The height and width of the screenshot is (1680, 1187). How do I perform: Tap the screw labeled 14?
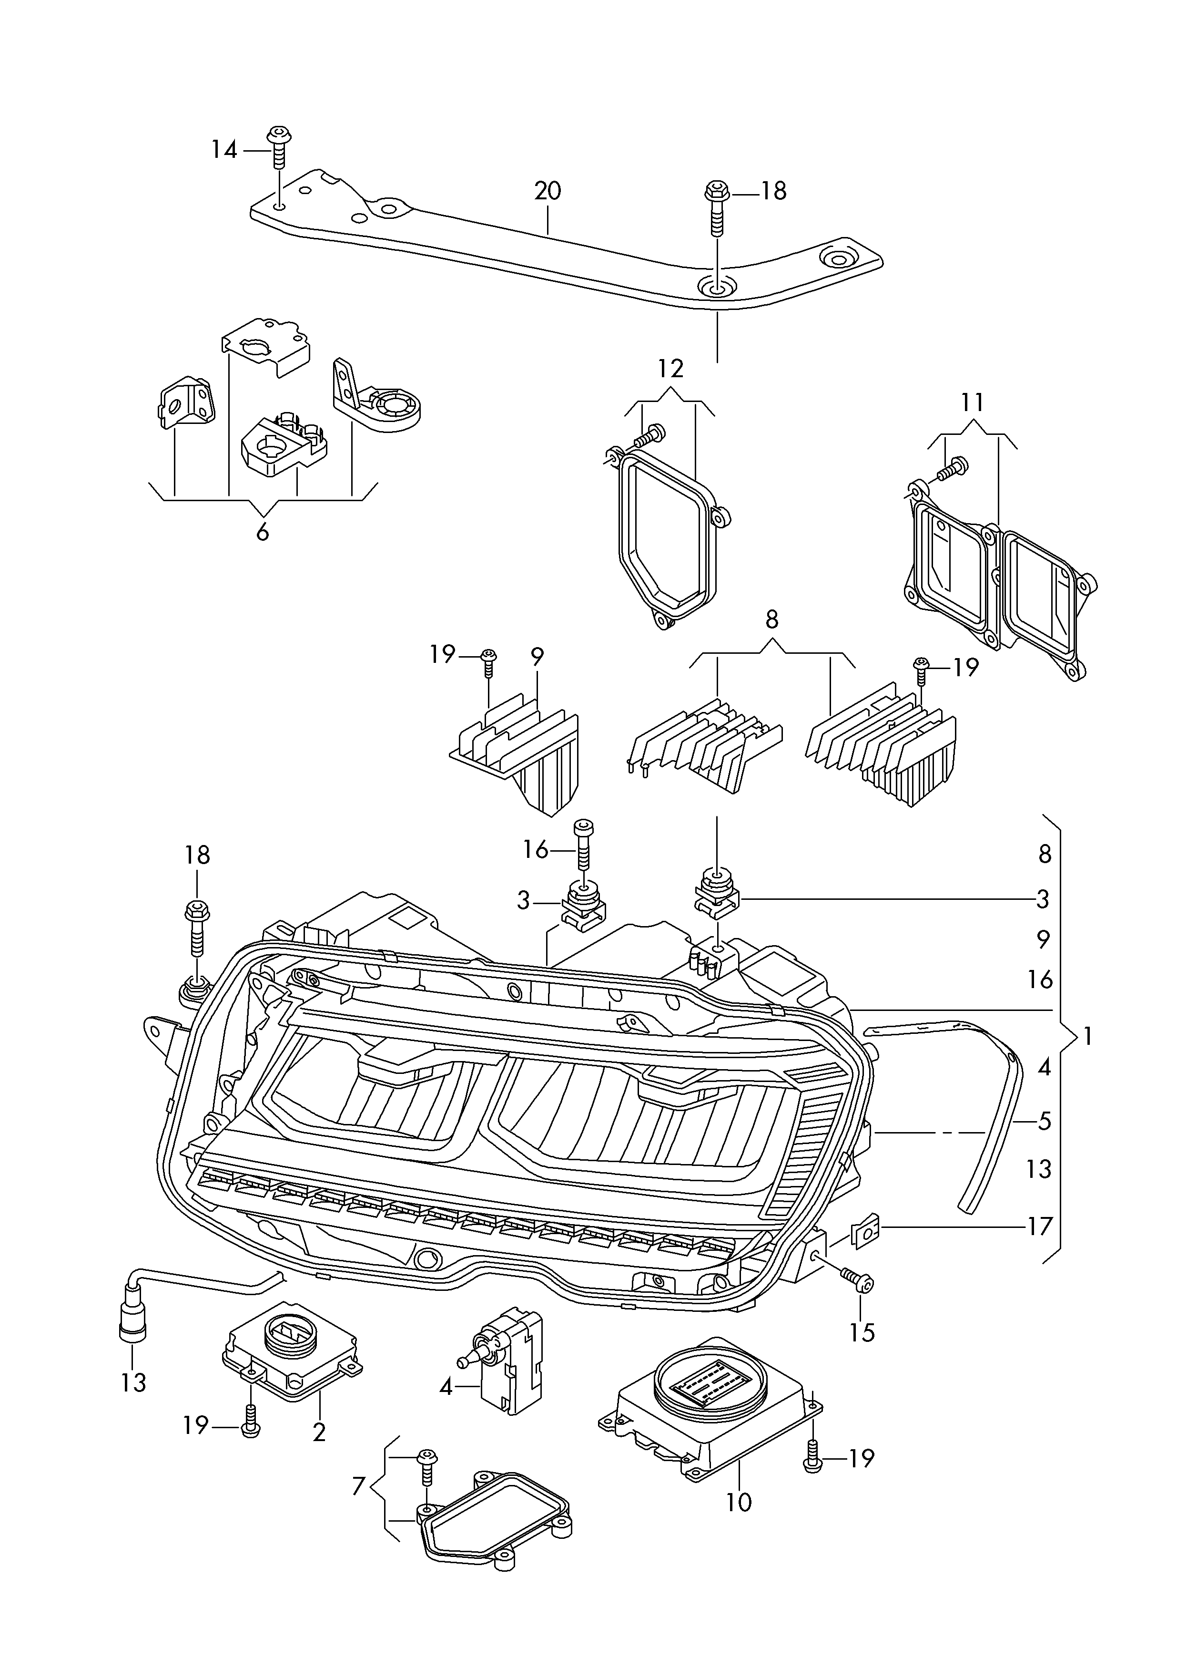[x=277, y=147]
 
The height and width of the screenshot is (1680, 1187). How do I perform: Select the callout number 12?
[x=670, y=368]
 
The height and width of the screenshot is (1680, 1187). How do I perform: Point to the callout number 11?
[x=972, y=402]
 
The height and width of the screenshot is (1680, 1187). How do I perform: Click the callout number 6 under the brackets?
[x=263, y=532]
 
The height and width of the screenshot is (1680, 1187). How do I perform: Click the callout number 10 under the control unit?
[x=740, y=1502]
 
